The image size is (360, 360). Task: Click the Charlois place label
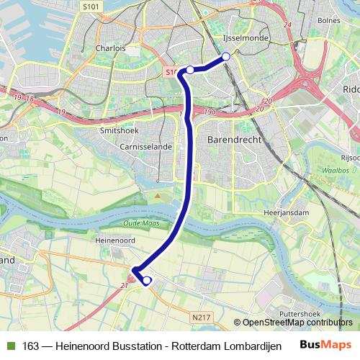(110, 48)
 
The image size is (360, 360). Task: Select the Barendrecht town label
(235, 139)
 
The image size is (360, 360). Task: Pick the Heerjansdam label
(286, 213)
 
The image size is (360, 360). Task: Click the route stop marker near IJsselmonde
(226, 56)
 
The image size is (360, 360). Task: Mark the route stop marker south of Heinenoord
(147, 281)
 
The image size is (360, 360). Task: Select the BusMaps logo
(326, 345)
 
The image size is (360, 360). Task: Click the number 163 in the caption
(30, 346)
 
